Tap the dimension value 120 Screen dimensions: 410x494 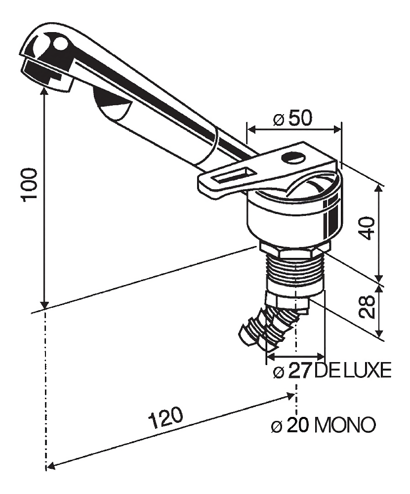[x=166, y=418]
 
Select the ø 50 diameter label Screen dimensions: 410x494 [x=292, y=119]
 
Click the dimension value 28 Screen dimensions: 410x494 [x=367, y=307]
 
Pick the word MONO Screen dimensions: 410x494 [x=345, y=425]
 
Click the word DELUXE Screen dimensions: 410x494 [x=353, y=370]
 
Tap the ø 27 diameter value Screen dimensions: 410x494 [x=292, y=370]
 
